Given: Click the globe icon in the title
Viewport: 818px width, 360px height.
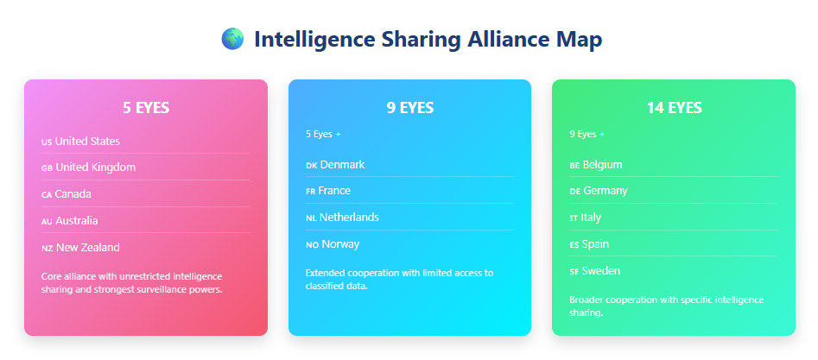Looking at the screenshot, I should click(x=232, y=39).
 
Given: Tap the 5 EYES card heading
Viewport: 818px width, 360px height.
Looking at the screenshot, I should click(x=146, y=108).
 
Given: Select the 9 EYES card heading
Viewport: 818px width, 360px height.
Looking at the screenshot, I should click(x=410, y=108).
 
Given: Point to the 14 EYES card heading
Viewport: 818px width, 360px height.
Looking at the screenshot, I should click(x=674, y=108).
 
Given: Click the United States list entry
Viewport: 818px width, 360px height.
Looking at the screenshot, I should click(x=87, y=141).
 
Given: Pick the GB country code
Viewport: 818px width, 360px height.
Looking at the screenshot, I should click(x=47, y=168).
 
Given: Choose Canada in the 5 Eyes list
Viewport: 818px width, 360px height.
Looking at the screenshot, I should click(x=73, y=194).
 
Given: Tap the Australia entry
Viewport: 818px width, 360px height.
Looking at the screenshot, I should click(x=76, y=221).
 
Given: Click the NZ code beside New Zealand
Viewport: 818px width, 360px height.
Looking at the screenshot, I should click(x=47, y=249).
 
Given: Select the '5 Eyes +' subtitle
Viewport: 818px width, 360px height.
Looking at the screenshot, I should click(x=323, y=134).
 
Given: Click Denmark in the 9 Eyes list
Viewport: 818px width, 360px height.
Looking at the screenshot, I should click(x=342, y=164).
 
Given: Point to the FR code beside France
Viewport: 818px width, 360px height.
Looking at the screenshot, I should click(x=310, y=192).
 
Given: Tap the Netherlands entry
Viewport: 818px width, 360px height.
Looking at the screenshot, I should click(x=349, y=218).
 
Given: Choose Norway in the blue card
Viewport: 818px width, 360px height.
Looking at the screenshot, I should click(x=339, y=244).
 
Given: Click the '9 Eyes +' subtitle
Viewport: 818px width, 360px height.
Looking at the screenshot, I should click(x=587, y=134).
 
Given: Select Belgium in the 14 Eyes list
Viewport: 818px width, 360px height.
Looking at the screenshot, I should click(x=602, y=164).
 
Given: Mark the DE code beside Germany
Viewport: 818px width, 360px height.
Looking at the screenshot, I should click(x=574, y=192).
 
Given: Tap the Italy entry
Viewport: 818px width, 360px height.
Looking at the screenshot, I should click(x=591, y=218).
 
